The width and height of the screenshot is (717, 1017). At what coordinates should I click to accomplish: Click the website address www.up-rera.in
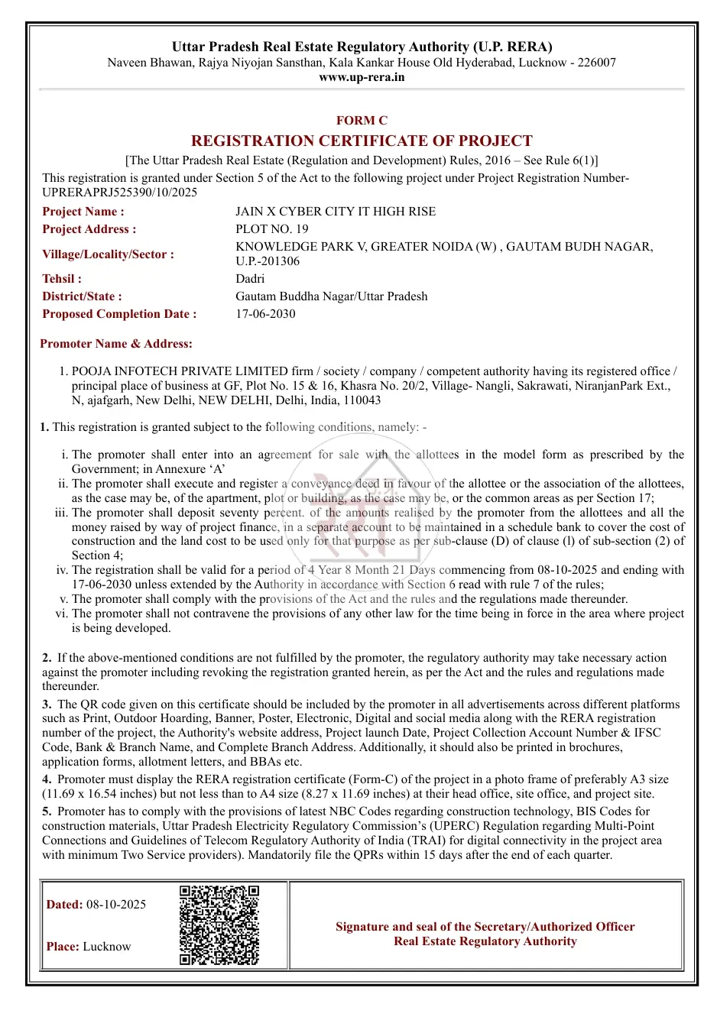(x=362, y=77)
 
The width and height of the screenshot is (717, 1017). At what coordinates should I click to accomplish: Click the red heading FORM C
(x=362, y=121)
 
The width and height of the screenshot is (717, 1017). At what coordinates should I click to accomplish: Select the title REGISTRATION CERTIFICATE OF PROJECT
(x=362, y=141)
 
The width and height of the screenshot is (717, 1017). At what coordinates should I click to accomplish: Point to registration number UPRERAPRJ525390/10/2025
(x=119, y=193)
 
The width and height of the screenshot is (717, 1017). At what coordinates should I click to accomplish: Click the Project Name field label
(x=83, y=212)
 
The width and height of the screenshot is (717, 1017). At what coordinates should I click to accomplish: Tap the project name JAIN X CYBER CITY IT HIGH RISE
(x=336, y=212)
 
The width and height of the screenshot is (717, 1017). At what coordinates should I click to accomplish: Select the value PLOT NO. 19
(x=272, y=229)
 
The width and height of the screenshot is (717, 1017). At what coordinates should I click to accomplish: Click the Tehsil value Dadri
(x=250, y=279)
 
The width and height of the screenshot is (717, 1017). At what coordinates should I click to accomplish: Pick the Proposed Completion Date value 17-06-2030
(x=265, y=314)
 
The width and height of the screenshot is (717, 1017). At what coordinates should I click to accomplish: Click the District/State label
(x=82, y=296)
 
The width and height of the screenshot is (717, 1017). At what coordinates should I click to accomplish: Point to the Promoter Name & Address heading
(x=116, y=344)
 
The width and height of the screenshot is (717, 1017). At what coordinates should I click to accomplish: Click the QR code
(x=219, y=925)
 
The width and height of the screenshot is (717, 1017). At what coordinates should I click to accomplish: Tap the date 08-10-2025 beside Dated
(x=116, y=905)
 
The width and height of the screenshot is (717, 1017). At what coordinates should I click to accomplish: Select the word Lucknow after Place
(x=107, y=947)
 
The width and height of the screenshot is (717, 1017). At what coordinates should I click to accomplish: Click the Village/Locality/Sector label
(x=108, y=254)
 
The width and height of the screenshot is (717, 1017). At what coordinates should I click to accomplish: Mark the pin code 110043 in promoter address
(x=362, y=400)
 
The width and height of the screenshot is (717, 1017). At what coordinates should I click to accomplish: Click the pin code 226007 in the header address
(x=597, y=63)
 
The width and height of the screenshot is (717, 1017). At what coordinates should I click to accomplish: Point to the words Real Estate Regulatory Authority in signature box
(x=485, y=941)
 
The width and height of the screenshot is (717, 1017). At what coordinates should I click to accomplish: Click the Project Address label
(x=89, y=229)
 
